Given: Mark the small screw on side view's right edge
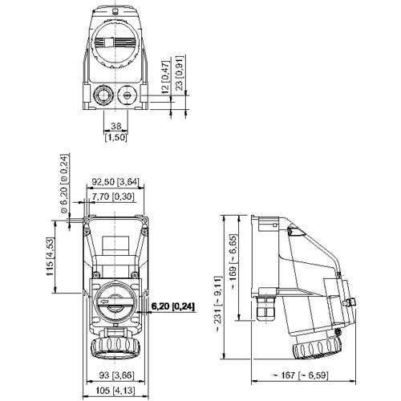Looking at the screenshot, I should click(x=350, y=303).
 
